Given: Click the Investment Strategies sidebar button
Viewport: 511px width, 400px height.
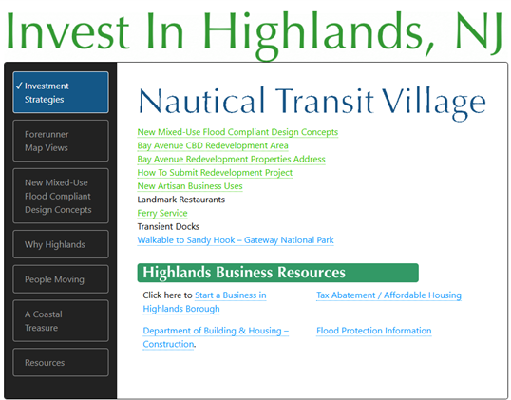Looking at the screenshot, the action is pos(61,92).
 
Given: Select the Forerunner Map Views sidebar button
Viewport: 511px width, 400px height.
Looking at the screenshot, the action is pos(61,141).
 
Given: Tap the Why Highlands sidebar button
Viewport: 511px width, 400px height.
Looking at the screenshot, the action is pos(61,244).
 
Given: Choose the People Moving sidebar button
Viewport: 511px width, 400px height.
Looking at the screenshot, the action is pos(61,279).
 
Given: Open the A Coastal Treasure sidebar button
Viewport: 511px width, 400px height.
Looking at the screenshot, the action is pos(61,321).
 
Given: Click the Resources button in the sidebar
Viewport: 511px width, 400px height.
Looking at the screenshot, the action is pos(61,362).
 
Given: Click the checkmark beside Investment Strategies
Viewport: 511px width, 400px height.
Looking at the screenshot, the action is pos(19,86).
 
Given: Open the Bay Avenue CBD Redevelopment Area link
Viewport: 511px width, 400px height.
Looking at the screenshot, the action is pos(213,145).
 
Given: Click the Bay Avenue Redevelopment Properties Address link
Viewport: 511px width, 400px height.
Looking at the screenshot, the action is pos(232,159).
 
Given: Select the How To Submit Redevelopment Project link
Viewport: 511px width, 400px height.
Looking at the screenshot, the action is pos(215,173).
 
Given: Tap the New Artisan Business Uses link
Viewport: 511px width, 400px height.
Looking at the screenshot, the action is pos(190,186).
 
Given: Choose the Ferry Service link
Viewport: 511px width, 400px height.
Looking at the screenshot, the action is pos(162,213).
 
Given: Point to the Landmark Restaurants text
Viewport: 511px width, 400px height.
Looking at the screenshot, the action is pos(181,200).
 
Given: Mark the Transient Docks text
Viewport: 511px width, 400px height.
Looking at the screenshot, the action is pos(168,226).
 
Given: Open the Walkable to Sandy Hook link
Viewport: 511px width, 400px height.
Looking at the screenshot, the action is pos(236,240).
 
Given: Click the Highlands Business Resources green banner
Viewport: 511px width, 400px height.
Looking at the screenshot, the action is pos(277,273).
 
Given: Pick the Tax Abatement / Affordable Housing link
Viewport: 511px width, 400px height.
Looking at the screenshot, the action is pos(388,295).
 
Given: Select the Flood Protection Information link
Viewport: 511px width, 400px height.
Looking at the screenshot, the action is pos(374,331).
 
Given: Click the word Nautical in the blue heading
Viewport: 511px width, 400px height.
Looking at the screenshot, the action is pos(201,100).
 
